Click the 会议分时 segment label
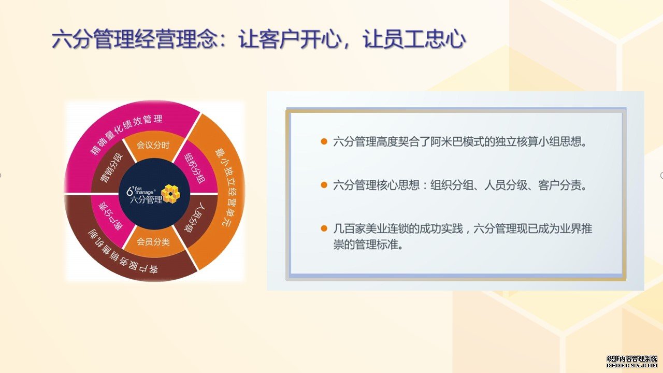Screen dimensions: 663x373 click(153, 145)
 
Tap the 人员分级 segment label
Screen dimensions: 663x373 click(194, 217)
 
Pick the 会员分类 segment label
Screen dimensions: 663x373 click(153, 242)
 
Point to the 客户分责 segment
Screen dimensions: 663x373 click(111, 216)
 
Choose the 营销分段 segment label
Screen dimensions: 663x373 click(111, 168)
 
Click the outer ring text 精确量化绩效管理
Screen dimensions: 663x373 click(126, 134)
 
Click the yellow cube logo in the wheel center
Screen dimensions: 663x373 click(171, 194)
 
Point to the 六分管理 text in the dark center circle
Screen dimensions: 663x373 click(146, 200)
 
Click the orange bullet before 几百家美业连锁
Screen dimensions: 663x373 click(324, 228)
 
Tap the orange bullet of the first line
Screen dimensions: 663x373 click(324, 141)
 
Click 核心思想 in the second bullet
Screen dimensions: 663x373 click(398, 185)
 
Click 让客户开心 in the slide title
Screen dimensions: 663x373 click(289, 39)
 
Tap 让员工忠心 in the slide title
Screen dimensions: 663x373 click(414, 39)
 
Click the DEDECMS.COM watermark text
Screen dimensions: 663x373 click(631, 366)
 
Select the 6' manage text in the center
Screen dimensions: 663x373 click(140, 191)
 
